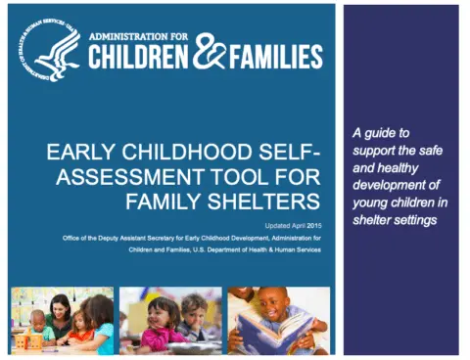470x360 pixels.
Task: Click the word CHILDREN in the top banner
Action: tap(137, 58)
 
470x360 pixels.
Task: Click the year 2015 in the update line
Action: tap(311, 224)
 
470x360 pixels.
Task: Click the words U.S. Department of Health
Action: tap(216, 249)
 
